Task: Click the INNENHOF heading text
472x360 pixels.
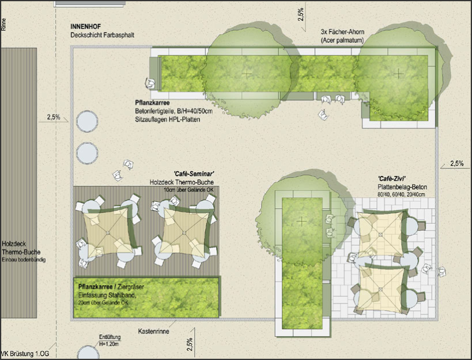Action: click(86, 27)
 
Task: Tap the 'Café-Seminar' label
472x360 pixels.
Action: click(194, 174)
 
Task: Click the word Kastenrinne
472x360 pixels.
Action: click(153, 331)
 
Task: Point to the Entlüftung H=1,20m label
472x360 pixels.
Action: click(109, 340)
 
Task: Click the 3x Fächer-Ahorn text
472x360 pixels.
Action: click(342, 32)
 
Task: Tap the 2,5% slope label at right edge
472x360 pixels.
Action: click(456, 163)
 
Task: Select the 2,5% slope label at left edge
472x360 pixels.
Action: click(54, 117)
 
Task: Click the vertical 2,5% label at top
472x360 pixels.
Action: click(301, 14)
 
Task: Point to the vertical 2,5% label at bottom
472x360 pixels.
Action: click(190, 344)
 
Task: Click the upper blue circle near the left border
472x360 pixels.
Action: click(87, 121)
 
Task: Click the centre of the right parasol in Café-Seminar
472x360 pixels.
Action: click(184, 232)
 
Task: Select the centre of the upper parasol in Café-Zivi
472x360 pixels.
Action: click(380, 234)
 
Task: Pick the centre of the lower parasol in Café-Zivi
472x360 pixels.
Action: click(380, 289)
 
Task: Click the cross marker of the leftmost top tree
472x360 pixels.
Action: click(247, 73)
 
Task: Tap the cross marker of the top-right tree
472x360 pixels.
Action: click(399, 73)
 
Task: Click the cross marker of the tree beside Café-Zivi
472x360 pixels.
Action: click(301, 222)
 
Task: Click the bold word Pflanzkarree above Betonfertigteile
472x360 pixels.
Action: click(152, 103)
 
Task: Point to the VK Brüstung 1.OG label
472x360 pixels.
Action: click(25, 354)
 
